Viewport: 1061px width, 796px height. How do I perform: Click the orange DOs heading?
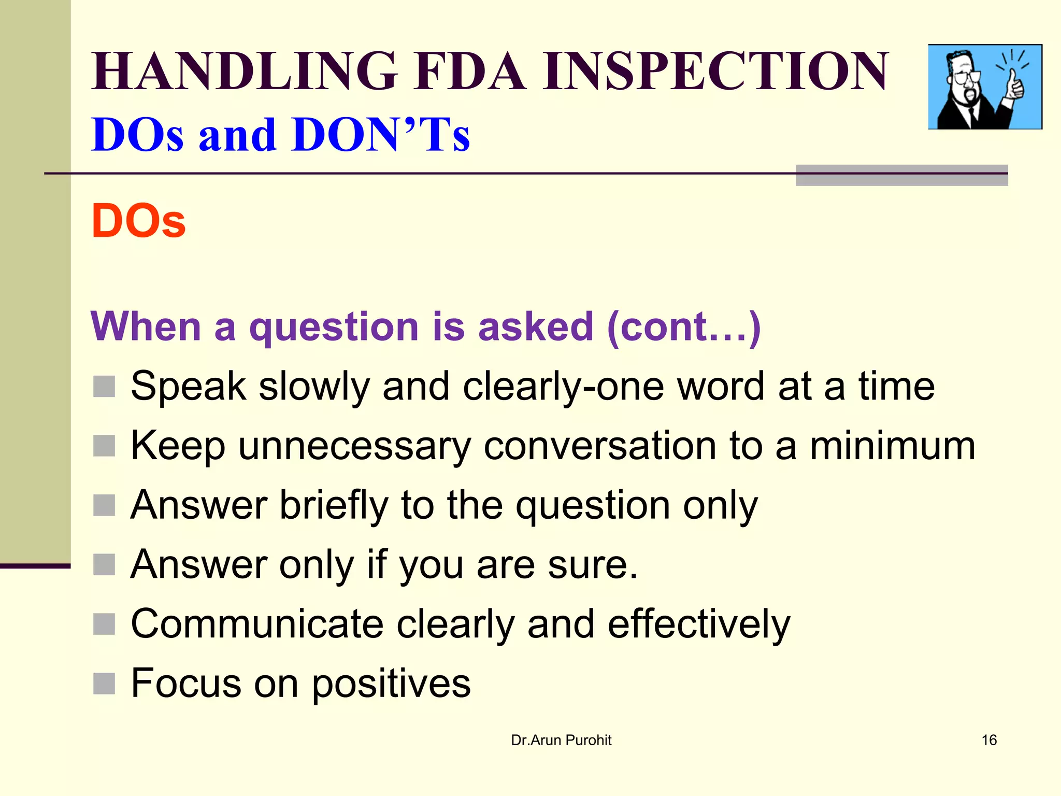click(138, 221)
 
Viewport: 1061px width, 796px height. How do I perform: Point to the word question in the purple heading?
click(334, 327)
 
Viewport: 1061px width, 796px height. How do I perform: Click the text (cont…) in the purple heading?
click(684, 327)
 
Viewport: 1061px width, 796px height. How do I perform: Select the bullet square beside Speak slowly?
click(104, 387)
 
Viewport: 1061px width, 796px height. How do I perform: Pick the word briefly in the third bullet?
click(334, 505)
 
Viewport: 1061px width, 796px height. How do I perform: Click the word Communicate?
click(257, 624)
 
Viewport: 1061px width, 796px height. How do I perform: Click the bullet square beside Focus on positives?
click(104, 684)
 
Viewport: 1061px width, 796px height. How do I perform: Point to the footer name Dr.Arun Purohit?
click(561, 740)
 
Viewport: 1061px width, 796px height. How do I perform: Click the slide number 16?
click(989, 740)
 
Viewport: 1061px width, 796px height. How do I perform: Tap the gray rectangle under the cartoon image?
click(901, 176)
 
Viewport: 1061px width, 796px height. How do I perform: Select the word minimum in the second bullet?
click(892, 446)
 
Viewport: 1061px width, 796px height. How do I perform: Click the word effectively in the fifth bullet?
click(699, 625)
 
